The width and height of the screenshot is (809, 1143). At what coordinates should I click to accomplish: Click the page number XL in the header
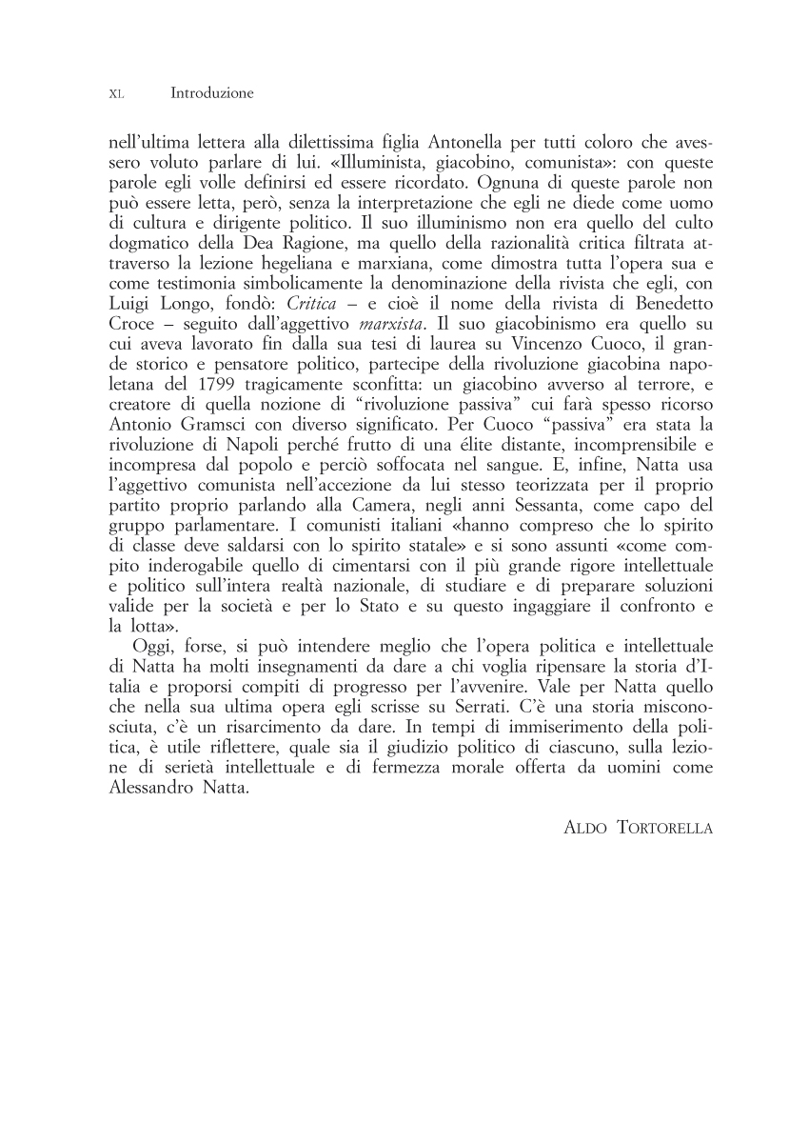[116, 94]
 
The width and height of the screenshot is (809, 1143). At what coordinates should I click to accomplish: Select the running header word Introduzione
[211, 93]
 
